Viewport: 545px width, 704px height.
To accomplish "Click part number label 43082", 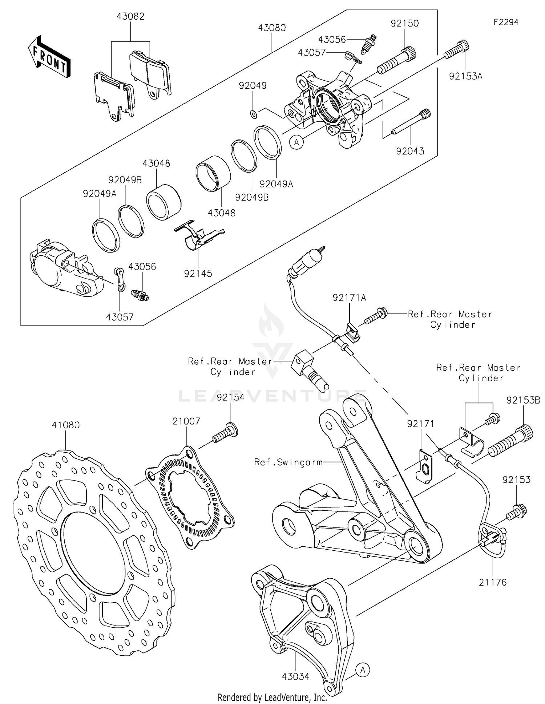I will click(130, 16).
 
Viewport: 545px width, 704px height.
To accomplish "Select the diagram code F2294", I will click(506, 22).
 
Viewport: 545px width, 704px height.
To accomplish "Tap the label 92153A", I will click(465, 77).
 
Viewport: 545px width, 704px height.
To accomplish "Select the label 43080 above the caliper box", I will click(272, 28).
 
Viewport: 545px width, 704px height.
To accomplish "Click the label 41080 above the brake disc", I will click(65, 425).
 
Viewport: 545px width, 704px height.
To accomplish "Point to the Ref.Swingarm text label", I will click(288, 462).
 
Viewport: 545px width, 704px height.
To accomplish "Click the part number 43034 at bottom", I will click(295, 676).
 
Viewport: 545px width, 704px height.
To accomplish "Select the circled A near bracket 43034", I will click(363, 669).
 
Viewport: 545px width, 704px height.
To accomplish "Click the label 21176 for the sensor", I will click(493, 582).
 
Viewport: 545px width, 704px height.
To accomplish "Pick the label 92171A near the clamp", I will click(349, 298).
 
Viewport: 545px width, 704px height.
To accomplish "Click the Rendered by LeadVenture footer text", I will click(272, 697).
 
